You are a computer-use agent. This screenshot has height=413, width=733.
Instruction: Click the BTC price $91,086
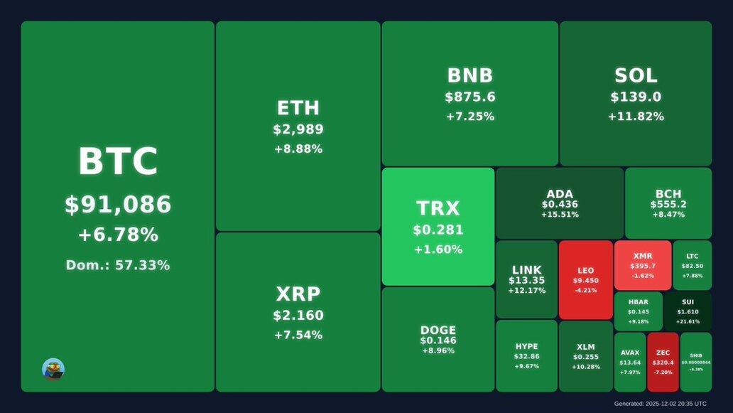(118, 205)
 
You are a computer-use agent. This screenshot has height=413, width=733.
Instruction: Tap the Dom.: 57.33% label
(118, 265)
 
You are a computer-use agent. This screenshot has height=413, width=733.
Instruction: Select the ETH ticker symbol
(298, 108)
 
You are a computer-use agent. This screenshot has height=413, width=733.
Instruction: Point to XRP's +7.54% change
(298, 335)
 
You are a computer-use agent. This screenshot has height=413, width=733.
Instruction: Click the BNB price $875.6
(470, 97)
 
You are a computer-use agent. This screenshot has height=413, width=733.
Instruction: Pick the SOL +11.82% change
(636, 117)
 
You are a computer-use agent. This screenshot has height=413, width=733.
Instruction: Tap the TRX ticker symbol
(438, 208)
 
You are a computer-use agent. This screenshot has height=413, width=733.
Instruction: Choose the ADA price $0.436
(560, 204)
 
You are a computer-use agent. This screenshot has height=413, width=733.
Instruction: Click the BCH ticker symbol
(668, 194)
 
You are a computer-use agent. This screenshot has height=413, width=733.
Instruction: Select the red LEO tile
(586, 279)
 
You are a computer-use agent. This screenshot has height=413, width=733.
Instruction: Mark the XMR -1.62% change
(643, 276)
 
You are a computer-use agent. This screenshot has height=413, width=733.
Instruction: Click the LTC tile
(693, 265)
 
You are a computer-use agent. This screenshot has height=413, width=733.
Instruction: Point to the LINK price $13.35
(526, 280)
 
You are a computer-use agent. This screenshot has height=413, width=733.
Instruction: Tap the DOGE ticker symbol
(438, 331)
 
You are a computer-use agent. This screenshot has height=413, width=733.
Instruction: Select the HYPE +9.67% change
(527, 366)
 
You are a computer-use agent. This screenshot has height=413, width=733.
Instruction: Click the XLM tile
(586, 356)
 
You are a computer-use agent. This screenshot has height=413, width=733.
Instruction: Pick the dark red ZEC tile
(663, 362)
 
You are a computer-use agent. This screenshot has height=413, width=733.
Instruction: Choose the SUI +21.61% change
(688, 321)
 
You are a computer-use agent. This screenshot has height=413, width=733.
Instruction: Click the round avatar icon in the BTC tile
(53, 369)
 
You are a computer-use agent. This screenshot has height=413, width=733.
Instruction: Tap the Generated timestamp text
(660, 404)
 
